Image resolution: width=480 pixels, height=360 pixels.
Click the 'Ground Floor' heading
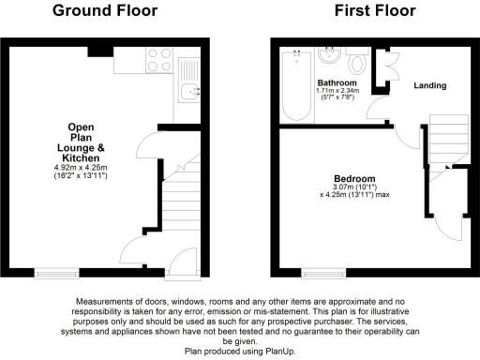[x=104, y=11]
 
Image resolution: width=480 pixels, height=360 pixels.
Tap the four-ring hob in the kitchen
[x=158, y=59]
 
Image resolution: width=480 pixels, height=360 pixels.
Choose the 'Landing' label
[x=429, y=85]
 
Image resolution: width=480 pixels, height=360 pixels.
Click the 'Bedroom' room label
[x=354, y=178]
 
